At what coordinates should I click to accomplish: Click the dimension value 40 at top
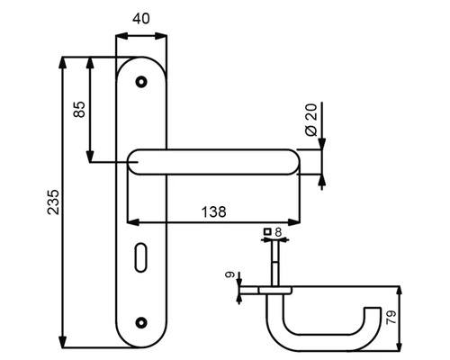[143, 17]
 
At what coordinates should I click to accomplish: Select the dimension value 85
[78, 110]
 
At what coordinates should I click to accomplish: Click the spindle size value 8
[277, 232]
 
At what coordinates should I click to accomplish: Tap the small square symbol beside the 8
[266, 232]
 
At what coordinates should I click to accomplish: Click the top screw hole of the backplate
[139, 83]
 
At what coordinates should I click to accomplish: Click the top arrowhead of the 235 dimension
[62, 60]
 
